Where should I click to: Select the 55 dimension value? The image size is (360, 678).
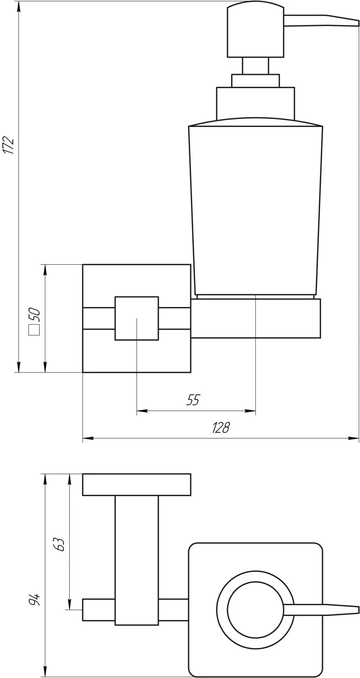192,400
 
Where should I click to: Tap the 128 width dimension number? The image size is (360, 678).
220,428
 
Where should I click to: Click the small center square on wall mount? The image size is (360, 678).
137,319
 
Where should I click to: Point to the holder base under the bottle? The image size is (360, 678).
256,318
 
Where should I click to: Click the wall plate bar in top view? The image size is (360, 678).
137,484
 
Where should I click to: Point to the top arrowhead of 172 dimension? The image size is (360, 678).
18,5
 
